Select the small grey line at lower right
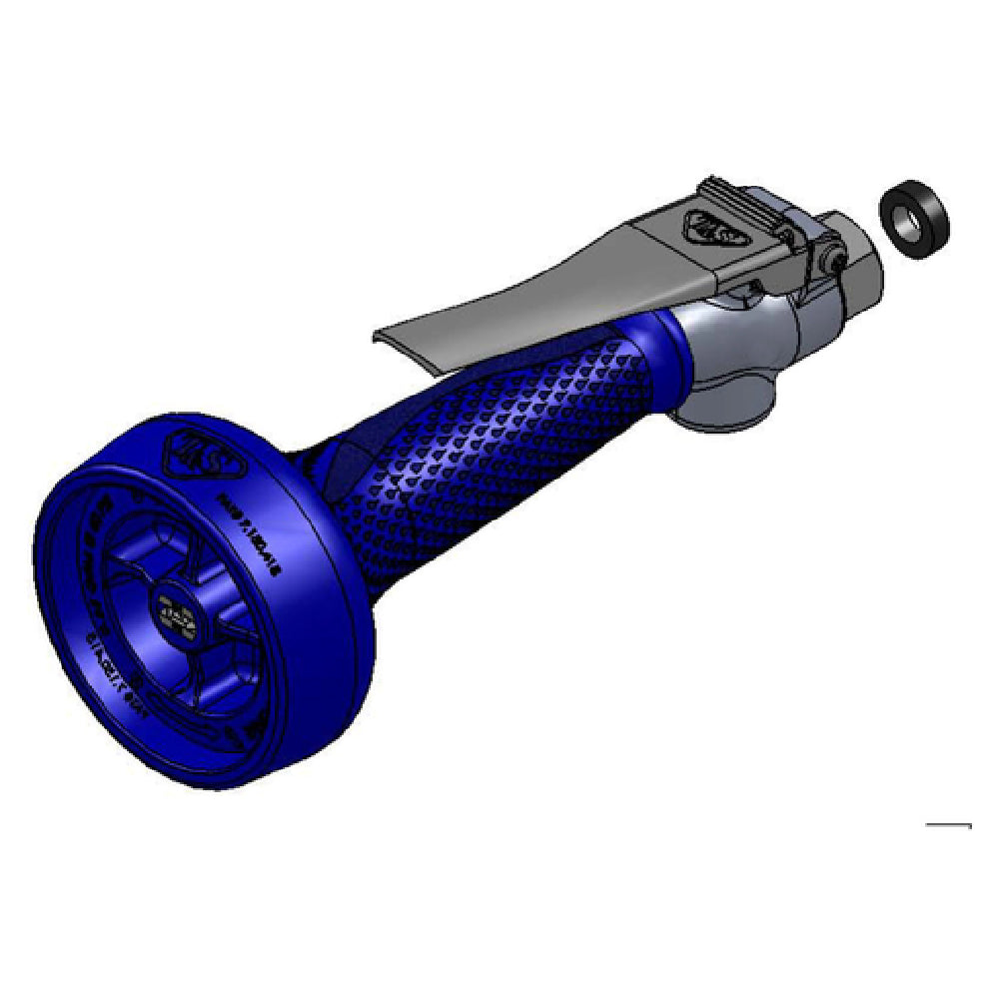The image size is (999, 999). point(948,825)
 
